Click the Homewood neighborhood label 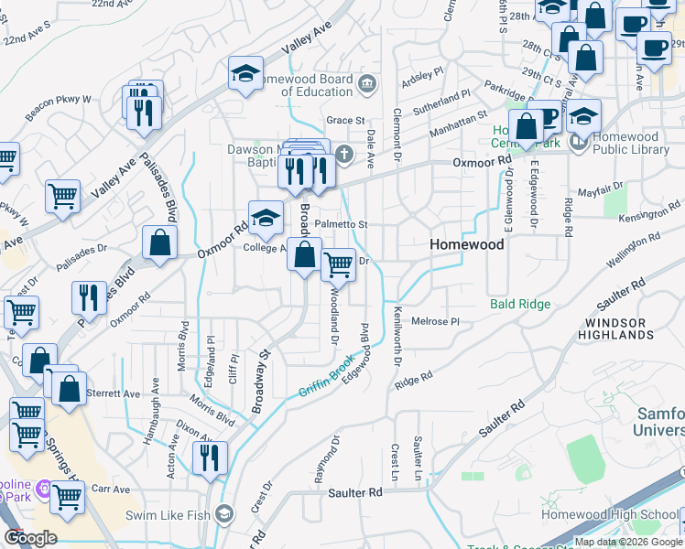click(467, 245)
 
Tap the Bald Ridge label click(519, 304)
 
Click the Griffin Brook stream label click(325, 377)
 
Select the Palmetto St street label click(341, 224)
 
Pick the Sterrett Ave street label click(113, 393)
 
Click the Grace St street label click(345, 120)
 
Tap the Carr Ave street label click(111, 490)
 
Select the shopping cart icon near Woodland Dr click(339, 264)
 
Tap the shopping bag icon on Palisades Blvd click(159, 243)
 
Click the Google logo click(30, 538)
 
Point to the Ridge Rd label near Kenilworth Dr click(414, 379)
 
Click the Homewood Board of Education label click(316, 85)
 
